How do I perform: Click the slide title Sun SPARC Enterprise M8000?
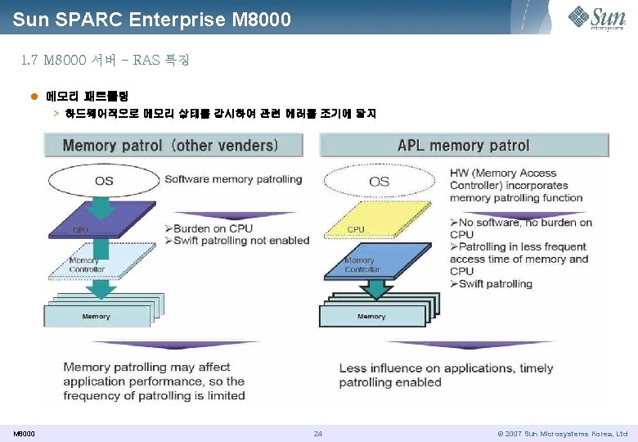[152, 19]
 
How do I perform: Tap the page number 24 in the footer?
[318, 433]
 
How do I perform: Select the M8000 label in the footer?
[24, 433]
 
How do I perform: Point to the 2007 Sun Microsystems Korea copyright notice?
[562, 433]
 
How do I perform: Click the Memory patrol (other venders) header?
[170, 146]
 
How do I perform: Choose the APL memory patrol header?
[464, 146]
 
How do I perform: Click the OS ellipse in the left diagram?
[104, 181]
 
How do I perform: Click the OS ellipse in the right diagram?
[380, 181]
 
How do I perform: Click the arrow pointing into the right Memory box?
[377, 287]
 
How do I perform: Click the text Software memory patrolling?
[233, 179]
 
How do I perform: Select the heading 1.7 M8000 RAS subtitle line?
[105, 60]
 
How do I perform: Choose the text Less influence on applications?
[446, 368]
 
